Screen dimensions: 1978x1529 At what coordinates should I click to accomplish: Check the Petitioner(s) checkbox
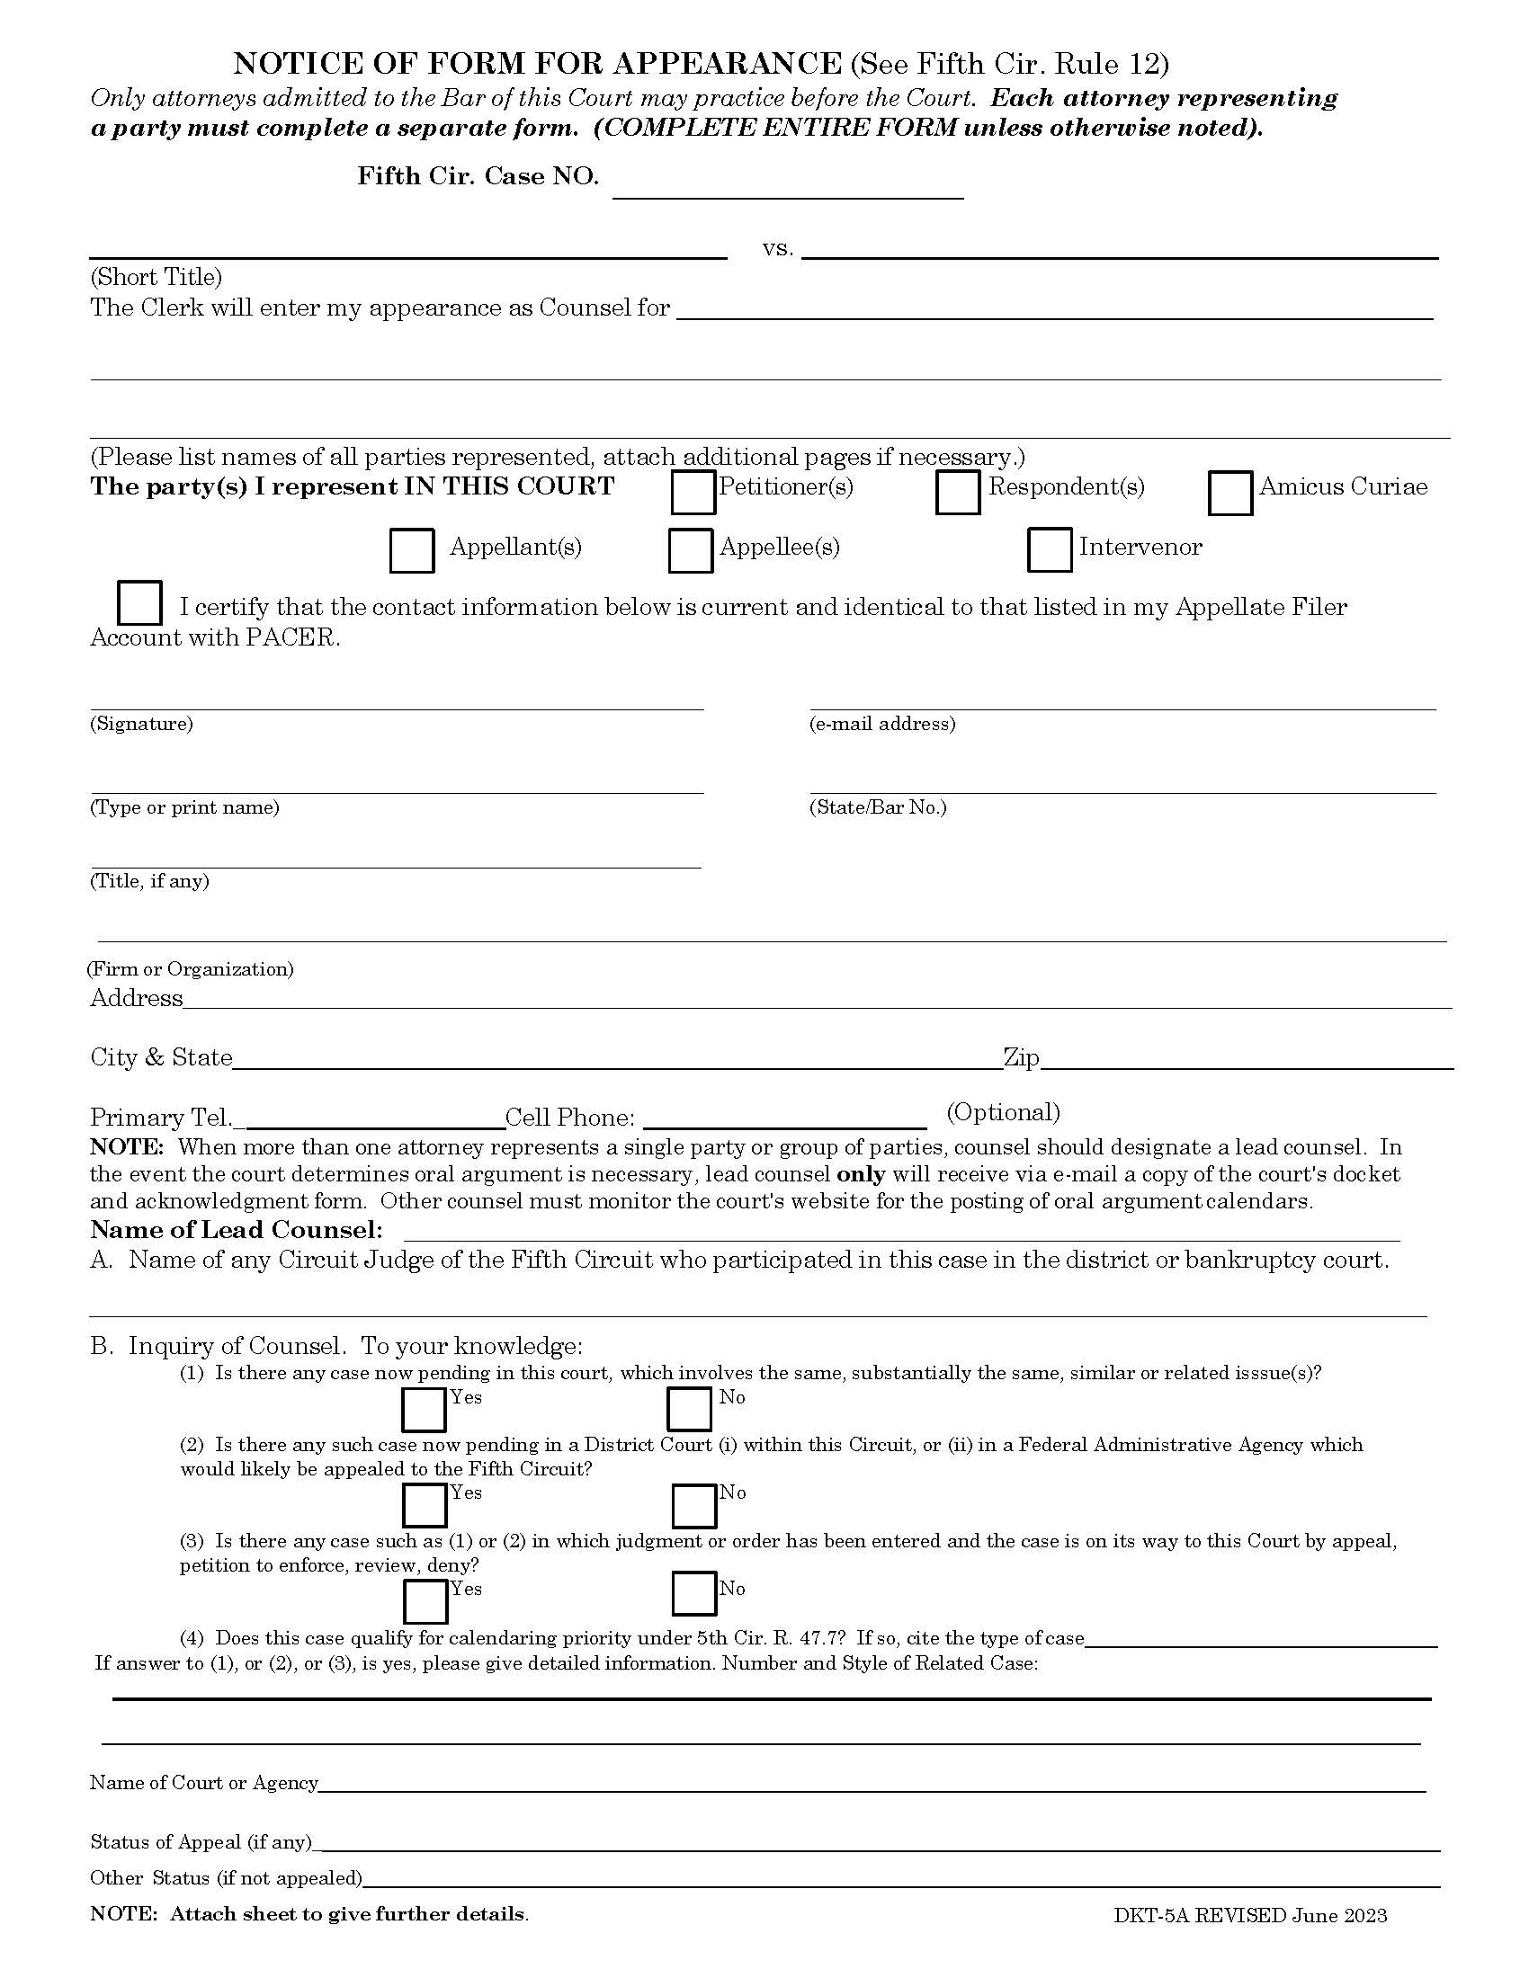coord(693,493)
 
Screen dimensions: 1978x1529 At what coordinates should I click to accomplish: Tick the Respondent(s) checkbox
coord(958,493)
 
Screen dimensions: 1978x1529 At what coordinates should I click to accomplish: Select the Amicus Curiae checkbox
coord(1230,493)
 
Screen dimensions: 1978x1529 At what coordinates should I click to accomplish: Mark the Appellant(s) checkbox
coord(411,550)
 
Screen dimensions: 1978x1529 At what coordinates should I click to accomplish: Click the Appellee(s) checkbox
coord(690,550)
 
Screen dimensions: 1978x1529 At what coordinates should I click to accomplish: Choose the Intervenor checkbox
coord(1050,549)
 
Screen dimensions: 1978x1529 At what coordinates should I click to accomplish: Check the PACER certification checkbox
coord(140,603)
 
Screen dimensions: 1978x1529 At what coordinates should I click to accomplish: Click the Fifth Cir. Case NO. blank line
coord(787,188)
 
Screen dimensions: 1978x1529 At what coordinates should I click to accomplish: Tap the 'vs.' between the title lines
coord(777,249)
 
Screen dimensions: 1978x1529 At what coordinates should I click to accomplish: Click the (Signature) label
coord(141,724)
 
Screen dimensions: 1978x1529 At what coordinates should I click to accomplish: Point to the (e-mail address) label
coord(881,724)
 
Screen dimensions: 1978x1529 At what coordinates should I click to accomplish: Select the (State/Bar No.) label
coord(877,807)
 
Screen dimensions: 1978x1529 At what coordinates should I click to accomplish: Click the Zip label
coord(1021,1058)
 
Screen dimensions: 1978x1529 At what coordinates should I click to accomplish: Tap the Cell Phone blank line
coord(784,1119)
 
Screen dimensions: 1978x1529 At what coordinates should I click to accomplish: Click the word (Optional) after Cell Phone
coord(1003,1112)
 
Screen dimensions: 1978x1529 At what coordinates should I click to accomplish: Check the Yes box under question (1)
coord(423,1410)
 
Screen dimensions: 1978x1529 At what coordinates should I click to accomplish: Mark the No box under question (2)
coord(693,1506)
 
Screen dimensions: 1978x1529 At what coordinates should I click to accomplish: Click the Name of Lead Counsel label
coord(237,1230)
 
